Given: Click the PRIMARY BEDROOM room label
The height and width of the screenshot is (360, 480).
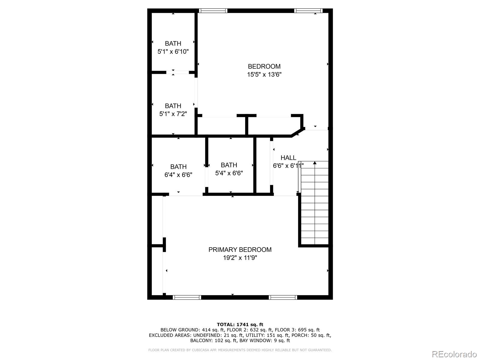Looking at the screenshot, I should point(240,250).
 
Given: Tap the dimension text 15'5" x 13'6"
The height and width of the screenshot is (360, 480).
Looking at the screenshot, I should point(264,74).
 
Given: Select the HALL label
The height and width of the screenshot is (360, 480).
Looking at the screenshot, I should point(288,157).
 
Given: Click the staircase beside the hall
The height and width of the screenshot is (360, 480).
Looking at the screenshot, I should point(315,204).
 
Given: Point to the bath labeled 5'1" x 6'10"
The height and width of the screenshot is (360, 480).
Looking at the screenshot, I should point(173,47).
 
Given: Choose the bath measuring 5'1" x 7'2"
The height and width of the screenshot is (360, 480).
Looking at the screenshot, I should point(173,110).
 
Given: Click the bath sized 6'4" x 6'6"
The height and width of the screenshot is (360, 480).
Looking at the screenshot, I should point(178,170).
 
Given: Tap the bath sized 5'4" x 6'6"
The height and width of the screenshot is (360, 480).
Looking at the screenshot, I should point(229,169).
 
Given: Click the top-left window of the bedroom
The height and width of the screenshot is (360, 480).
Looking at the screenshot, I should point(213,11).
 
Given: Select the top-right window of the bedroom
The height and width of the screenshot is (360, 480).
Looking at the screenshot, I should point(308,11).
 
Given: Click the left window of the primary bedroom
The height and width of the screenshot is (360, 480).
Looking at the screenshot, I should point(187,297).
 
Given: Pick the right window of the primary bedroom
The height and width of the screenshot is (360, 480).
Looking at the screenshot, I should point(283,297).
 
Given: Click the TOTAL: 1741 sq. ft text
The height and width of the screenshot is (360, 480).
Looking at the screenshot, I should point(240,324).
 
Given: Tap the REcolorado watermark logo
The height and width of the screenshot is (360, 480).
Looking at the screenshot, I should point(454,354).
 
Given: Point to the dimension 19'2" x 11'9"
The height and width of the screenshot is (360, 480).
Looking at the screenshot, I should point(240,258).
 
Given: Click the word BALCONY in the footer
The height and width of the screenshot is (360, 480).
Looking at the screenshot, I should point(200,340).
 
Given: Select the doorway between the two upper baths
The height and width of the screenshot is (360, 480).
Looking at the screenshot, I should point(177,72).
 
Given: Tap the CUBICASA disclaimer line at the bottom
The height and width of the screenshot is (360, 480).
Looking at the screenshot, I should point(240,350).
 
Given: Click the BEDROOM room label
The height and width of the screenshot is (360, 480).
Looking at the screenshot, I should point(264,66).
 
